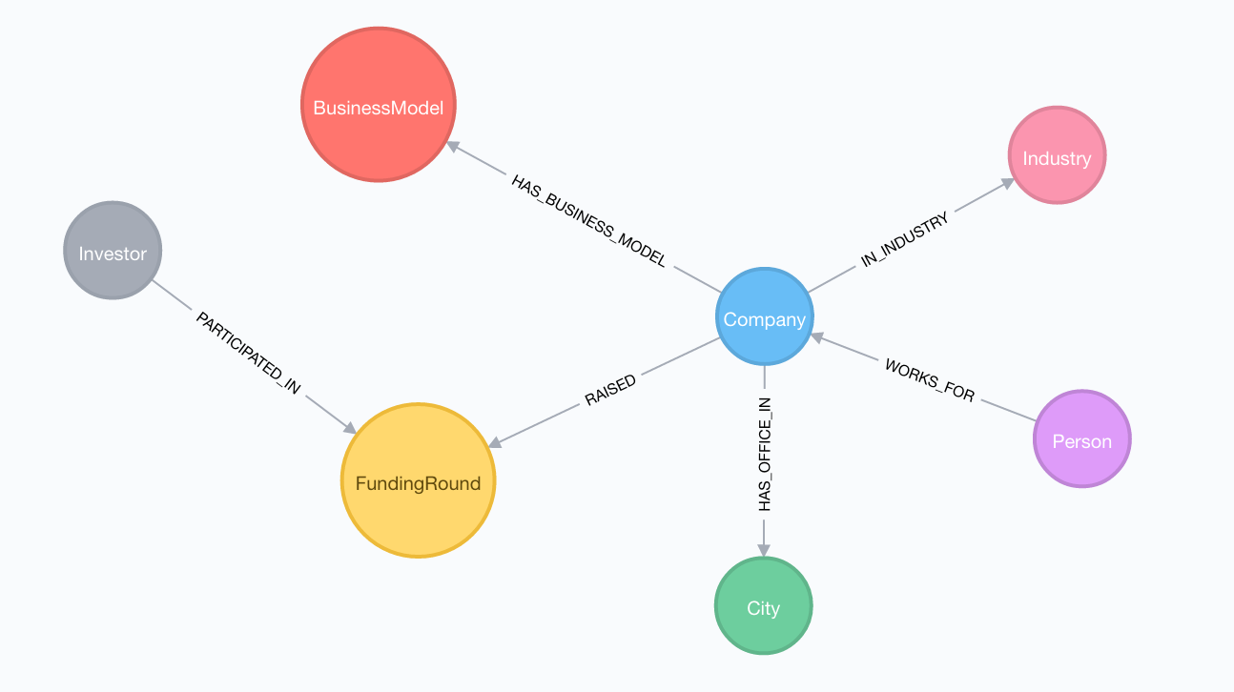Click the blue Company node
pyautogui.click(x=764, y=316)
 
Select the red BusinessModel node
pyautogui.click(x=379, y=105)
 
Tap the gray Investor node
pyautogui.click(x=113, y=251)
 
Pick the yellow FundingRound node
pyautogui.click(x=418, y=480)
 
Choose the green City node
pyautogui.click(x=764, y=605)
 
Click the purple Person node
pyautogui.click(x=1082, y=438)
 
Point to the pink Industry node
pyautogui.click(x=1058, y=155)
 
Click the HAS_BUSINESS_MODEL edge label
pyautogui.click(x=589, y=220)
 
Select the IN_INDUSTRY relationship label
pyautogui.click(x=905, y=239)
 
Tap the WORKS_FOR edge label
pyautogui.click(x=930, y=380)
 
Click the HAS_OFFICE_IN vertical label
pyautogui.click(x=765, y=454)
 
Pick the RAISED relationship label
pyautogui.click(x=610, y=390)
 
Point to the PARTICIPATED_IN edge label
pyautogui.click(x=249, y=353)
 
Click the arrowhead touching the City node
pyautogui.click(x=764, y=549)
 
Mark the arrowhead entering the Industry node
pyautogui.click(x=1008, y=183)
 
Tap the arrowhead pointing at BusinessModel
pyautogui.click(x=453, y=147)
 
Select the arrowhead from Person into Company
pyautogui.click(x=817, y=337)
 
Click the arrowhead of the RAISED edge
pyautogui.click(x=495, y=442)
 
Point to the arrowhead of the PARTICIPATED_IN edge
pyautogui.click(x=350, y=428)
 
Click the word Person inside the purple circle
pyautogui.click(x=1082, y=441)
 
